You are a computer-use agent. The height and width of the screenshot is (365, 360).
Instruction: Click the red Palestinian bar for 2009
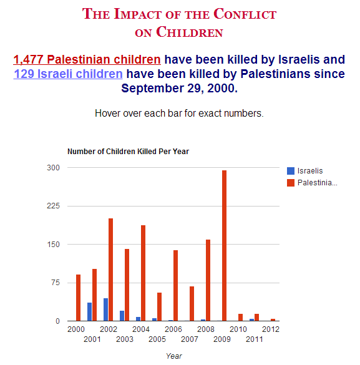click(x=224, y=246)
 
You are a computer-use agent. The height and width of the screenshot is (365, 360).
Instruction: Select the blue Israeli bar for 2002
click(x=105, y=309)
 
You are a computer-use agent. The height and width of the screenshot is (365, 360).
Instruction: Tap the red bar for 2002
click(x=111, y=270)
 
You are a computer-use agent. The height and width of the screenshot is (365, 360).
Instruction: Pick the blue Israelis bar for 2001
click(x=89, y=312)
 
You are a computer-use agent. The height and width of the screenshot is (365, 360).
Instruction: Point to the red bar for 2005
click(x=159, y=307)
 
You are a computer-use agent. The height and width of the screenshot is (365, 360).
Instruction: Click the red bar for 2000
click(x=78, y=298)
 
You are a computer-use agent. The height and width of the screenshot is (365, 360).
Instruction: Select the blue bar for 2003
click(x=122, y=316)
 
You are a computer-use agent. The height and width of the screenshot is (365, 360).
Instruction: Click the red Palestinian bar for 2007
click(x=192, y=304)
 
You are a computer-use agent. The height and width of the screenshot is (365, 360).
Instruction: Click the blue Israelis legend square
click(x=291, y=171)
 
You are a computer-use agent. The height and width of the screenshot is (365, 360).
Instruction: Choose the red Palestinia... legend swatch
click(x=291, y=183)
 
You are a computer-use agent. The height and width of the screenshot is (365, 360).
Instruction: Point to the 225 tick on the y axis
click(x=53, y=206)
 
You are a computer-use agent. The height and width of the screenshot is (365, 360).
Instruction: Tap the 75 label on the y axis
click(x=56, y=283)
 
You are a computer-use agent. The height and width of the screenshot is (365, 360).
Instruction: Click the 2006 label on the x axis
click(x=173, y=329)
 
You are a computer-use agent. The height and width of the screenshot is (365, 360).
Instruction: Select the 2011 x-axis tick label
click(x=255, y=339)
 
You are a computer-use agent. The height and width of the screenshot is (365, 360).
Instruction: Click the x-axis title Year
click(x=174, y=356)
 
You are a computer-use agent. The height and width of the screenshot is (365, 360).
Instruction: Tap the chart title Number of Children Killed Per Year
click(x=129, y=152)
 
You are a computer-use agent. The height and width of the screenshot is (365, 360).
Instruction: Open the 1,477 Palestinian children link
click(x=87, y=60)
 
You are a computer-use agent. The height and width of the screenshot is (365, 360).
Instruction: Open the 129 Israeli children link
click(x=68, y=74)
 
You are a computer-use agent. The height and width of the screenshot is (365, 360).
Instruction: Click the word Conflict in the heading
click(x=245, y=14)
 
